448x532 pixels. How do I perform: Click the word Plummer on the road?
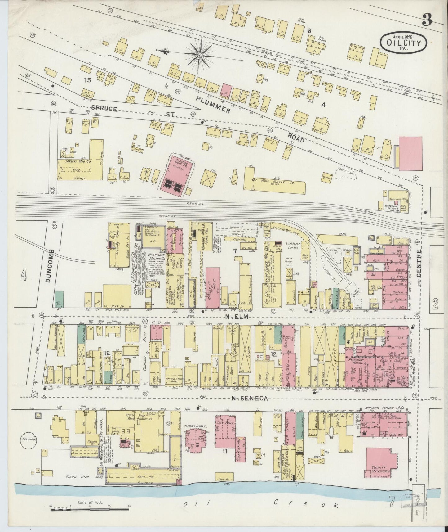[x=213, y=104]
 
